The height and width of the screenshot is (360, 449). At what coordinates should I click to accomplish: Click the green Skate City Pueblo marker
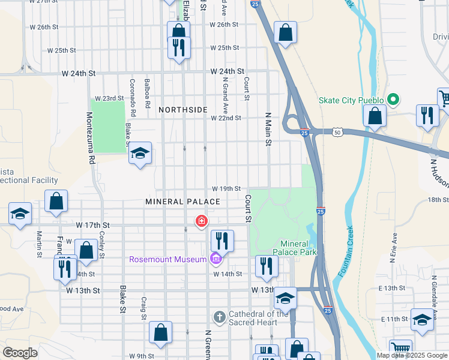394,100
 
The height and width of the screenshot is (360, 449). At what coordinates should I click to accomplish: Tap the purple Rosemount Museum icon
215,259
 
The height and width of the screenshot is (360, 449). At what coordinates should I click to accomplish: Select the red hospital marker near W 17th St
201,222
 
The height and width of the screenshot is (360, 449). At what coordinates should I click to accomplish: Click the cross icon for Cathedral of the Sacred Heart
220,316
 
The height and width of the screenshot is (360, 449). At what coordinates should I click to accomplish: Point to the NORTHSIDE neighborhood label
183,110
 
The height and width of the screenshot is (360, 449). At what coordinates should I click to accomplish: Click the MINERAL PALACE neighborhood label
175,202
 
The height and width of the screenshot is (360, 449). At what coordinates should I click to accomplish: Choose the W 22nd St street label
226,118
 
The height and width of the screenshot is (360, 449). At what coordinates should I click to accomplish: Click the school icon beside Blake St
140,154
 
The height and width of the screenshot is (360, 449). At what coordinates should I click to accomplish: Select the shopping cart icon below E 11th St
400,349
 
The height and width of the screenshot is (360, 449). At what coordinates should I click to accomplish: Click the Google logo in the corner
20,353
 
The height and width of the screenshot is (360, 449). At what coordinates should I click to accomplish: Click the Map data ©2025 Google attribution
411,355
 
